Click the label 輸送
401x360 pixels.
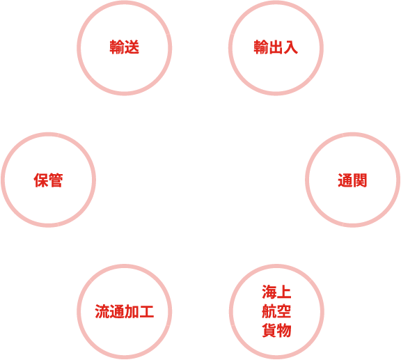coord(125,47)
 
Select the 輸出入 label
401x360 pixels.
coord(276,47)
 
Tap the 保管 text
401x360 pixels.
coord(48,180)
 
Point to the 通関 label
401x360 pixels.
coord(352,180)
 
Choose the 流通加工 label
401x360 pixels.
coord(125,311)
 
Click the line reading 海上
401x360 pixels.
coord(276,292)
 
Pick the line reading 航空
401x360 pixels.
coord(276,311)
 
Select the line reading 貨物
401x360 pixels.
coord(276,330)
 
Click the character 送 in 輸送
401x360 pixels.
coord(132,47)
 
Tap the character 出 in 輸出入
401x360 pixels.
coord(276,47)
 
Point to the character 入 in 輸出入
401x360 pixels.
coord(291,47)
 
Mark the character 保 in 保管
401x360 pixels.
coord(41,180)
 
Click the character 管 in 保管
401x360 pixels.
coord(56,180)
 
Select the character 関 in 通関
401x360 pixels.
coord(360,180)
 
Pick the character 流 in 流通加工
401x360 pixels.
coord(102,311)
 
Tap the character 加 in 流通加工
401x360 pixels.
coord(132,311)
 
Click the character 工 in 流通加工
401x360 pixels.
coord(147,311)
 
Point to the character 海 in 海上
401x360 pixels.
coord(269,292)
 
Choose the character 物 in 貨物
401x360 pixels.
coord(284,330)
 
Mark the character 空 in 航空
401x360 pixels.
coord(284,311)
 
